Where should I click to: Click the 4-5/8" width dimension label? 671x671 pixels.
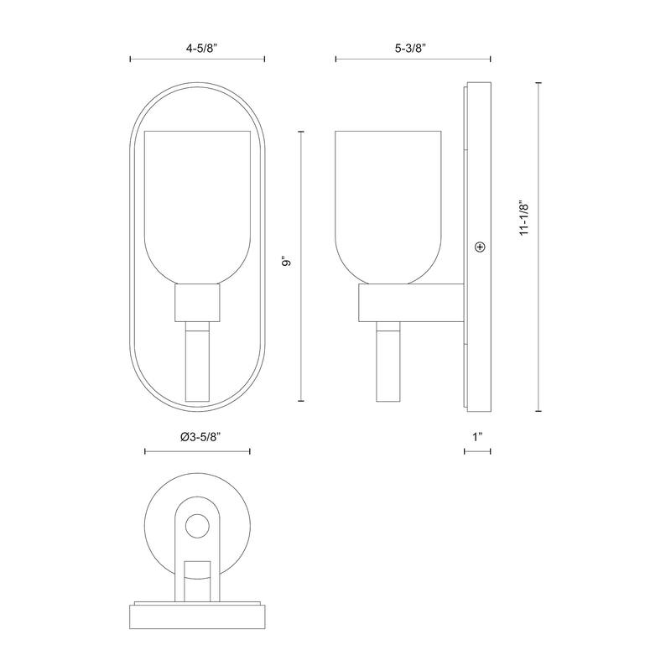197,49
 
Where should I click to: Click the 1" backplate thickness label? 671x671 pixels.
478,437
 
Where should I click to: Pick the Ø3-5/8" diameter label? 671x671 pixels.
198,437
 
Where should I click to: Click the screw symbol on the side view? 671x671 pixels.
480,247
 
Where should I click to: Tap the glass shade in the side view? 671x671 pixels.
388,201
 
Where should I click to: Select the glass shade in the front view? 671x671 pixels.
198,201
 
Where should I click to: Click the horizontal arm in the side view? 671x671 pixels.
411,303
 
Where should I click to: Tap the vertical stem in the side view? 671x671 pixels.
389,365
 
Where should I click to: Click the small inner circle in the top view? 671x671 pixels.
198,527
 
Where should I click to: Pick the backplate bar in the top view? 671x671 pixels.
198,618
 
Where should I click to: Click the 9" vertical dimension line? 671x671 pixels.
301,335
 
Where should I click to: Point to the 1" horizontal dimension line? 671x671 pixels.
478,451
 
